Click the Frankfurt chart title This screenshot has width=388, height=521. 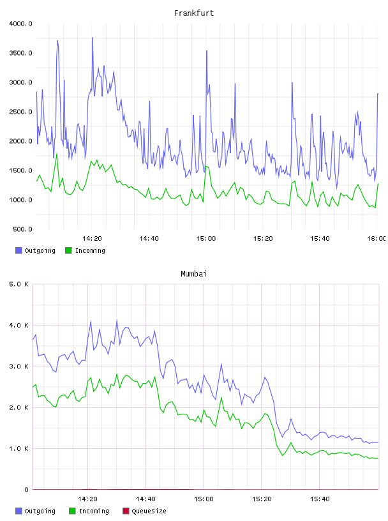(x=194, y=13)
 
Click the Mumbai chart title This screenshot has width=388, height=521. (x=193, y=274)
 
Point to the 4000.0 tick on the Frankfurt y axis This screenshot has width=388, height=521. (x=20, y=24)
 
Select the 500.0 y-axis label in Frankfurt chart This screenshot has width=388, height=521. (x=22, y=229)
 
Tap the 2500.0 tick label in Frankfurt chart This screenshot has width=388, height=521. (x=20, y=112)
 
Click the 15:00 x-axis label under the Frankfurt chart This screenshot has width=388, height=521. (x=206, y=239)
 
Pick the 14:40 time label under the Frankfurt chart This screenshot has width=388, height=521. (x=149, y=239)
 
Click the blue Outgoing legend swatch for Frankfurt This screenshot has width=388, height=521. (x=19, y=250)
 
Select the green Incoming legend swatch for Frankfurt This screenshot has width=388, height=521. (x=68, y=250)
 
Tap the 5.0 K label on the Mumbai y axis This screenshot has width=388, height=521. (x=19, y=284)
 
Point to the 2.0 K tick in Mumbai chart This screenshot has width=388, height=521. (x=19, y=408)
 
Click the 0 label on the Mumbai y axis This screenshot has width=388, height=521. (x=27, y=490)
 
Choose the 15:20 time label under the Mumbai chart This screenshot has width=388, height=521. (x=262, y=499)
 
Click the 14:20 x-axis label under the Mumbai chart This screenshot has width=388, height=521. (x=87, y=499)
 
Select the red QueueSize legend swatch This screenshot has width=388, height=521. (x=126, y=511)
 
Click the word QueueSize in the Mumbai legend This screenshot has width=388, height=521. (x=149, y=511)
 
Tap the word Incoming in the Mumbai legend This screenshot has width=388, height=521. (x=94, y=511)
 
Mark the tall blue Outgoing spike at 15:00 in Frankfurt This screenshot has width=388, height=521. (x=207, y=51)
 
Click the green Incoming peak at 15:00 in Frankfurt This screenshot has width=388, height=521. (x=206, y=167)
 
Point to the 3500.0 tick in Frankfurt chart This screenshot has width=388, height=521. (x=20, y=53)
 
